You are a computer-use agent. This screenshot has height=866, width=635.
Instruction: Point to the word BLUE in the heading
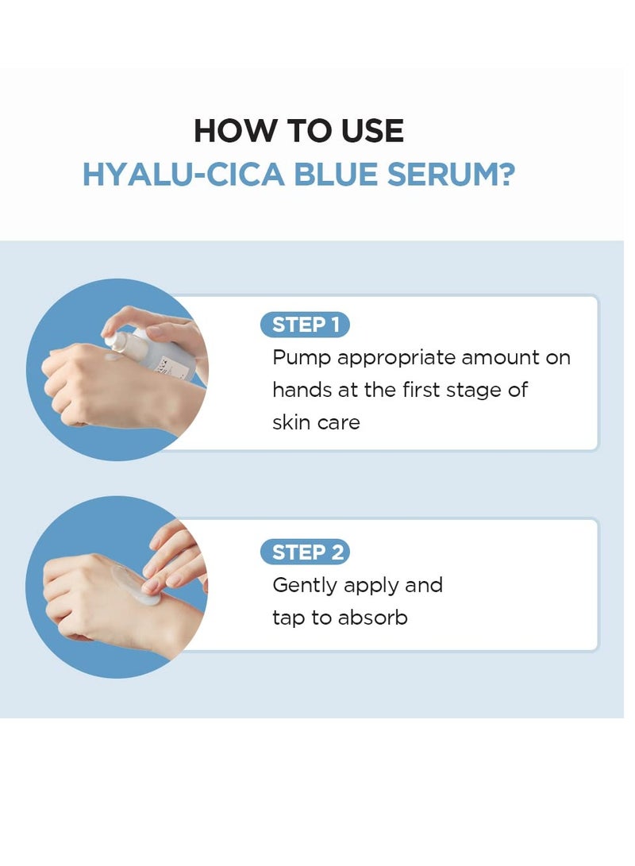[337, 174]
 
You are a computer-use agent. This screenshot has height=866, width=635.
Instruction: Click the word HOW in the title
[226, 131]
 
